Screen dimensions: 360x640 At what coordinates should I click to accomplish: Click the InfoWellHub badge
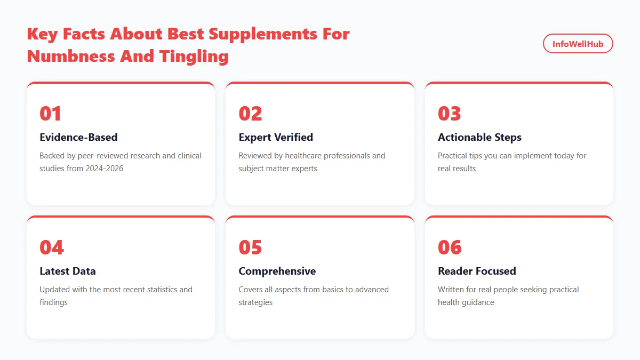pos(578,44)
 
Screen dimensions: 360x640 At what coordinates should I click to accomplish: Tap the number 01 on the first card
pos(51,114)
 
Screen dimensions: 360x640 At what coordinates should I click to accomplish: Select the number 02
pos(250,114)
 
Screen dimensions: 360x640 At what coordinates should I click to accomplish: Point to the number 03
pos(449,114)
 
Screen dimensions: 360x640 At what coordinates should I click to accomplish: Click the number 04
pos(51,247)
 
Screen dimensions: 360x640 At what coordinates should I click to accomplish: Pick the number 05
pos(250,247)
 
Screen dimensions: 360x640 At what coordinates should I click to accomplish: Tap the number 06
pos(450,247)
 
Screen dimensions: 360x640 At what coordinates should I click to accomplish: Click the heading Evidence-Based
pos(78,137)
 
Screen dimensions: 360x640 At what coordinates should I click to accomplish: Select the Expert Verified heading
pos(276,137)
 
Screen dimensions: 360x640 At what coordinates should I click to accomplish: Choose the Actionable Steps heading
pos(479,137)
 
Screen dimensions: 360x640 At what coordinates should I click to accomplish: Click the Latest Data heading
pos(68,271)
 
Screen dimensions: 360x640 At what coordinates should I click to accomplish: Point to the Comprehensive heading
pos(277,271)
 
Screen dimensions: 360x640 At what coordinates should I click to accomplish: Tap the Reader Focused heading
pos(477,271)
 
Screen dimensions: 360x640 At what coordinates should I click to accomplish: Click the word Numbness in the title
pos(71,55)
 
